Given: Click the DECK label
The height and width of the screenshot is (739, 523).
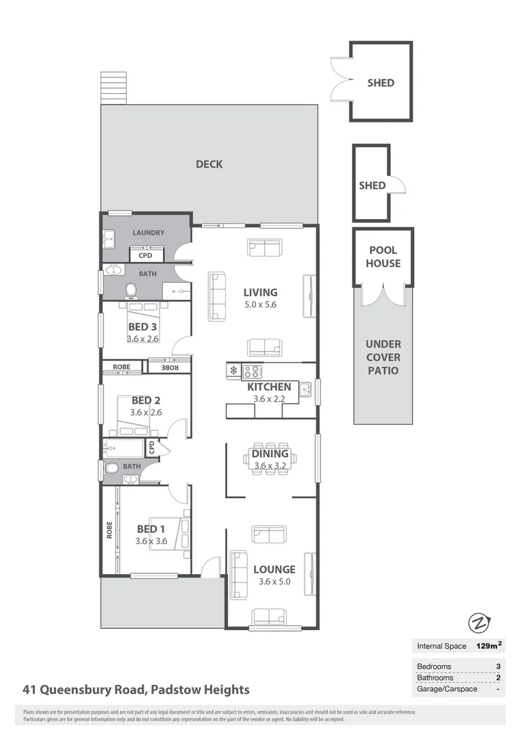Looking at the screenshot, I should (x=209, y=164).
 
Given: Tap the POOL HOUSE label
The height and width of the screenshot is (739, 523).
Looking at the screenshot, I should (x=383, y=257).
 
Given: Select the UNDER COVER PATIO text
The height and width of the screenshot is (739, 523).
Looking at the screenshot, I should (x=383, y=357).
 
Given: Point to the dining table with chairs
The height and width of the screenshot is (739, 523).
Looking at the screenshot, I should (x=271, y=458).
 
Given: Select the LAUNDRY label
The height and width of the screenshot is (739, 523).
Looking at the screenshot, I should (x=149, y=233).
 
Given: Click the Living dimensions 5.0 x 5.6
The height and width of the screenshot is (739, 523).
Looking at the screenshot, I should (x=260, y=305).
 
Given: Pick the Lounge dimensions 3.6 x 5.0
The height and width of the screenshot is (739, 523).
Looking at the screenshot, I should (x=274, y=582).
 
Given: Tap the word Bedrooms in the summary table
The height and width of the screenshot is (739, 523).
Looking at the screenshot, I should (x=434, y=666).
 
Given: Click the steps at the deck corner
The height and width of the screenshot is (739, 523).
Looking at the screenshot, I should (x=114, y=88).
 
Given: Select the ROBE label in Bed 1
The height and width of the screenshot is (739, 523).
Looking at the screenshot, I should (x=109, y=531).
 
